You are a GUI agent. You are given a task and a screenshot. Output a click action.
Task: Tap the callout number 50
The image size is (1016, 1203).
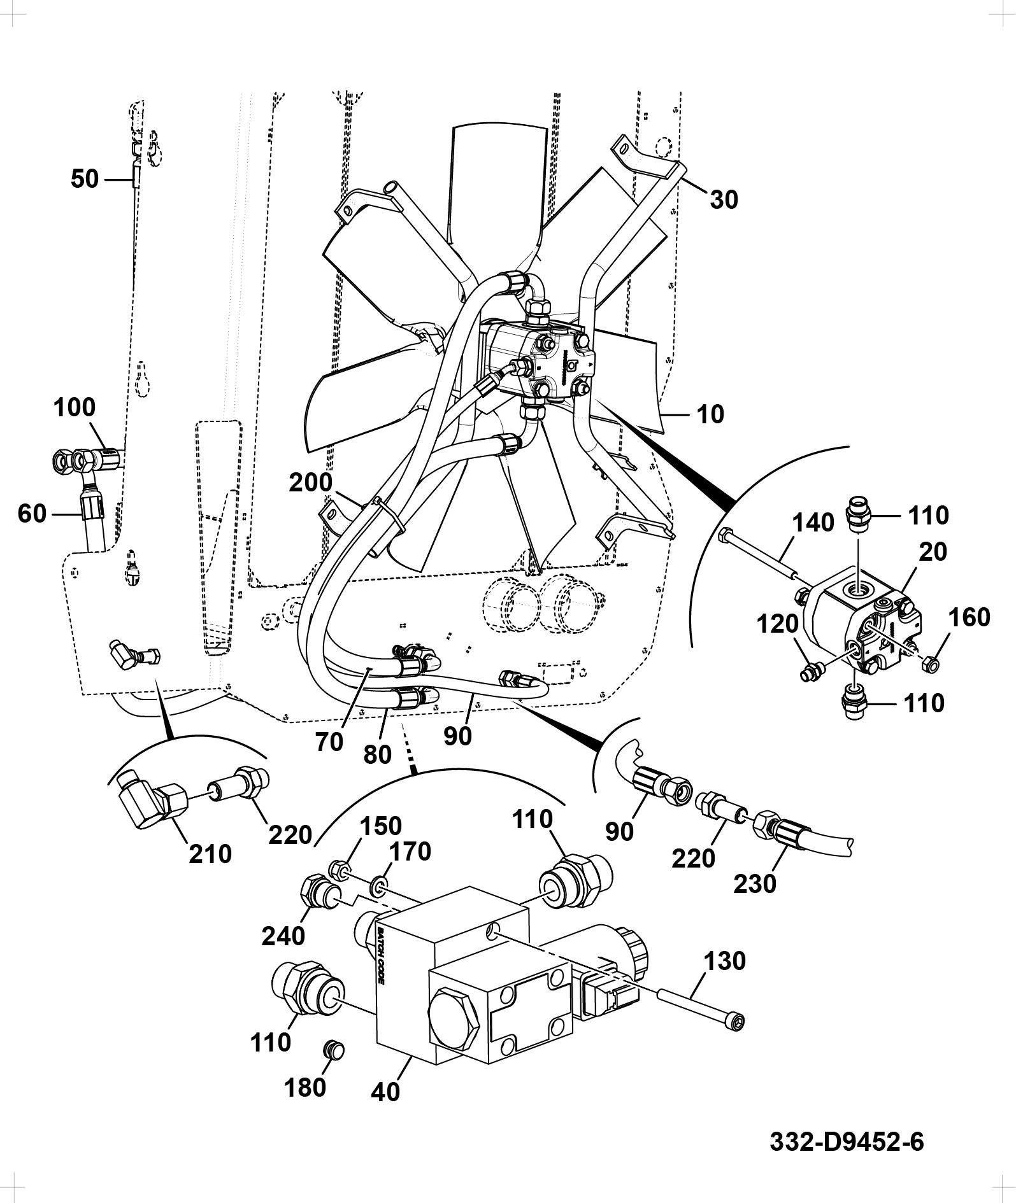click(x=85, y=179)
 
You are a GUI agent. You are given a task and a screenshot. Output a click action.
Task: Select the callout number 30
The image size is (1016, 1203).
click(x=724, y=199)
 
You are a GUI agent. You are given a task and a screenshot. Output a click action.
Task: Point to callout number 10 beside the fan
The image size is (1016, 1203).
click(x=710, y=414)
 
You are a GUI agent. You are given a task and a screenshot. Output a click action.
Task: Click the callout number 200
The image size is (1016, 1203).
click(x=310, y=482)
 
